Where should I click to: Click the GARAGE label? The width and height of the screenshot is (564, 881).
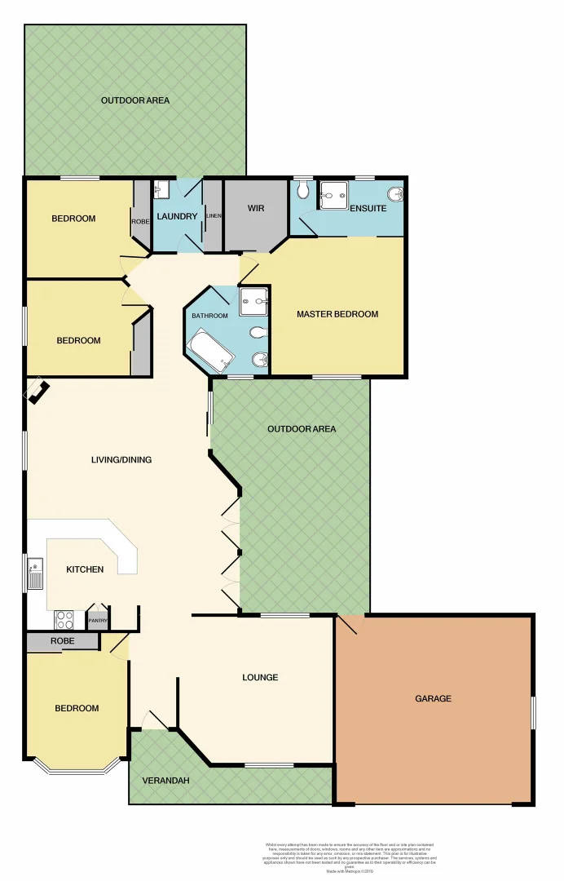click(x=433, y=698)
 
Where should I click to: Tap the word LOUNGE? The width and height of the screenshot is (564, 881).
click(x=260, y=677)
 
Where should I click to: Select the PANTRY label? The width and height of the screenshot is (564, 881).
click(x=98, y=620)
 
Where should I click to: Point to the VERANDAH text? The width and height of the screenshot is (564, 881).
click(x=165, y=781)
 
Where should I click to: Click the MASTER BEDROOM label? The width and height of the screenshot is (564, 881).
click(x=337, y=314)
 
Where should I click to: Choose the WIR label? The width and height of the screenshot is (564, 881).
click(x=256, y=208)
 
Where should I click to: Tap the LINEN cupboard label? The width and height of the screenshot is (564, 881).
click(x=214, y=215)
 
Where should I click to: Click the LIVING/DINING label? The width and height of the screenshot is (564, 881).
click(x=121, y=459)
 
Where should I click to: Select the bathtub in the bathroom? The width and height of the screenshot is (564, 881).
click(x=210, y=351)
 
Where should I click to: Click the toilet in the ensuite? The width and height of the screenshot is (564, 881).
click(x=303, y=190)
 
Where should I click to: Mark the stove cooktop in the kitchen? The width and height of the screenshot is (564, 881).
click(x=64, y=619)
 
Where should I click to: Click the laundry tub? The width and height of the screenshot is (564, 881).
click(x=161, y=189)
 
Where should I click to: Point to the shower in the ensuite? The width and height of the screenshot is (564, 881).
click(x=333, y=195)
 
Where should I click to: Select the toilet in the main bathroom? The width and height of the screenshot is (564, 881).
click(x=258, y=333)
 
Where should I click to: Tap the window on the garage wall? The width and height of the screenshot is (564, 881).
click(x=533, y=712)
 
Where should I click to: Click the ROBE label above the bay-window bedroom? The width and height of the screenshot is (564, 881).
click(x=63, y=641)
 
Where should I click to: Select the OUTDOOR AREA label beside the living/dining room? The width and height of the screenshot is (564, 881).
click(x=302, y=429)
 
